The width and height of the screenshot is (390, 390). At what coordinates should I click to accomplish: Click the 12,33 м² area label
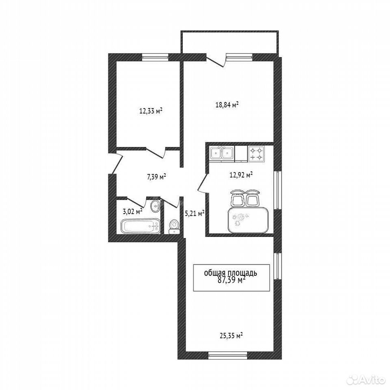point(151,110)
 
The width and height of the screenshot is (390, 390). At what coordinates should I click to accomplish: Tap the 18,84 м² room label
point(227,104)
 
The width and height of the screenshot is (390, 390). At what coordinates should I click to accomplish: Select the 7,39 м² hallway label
point(156,177)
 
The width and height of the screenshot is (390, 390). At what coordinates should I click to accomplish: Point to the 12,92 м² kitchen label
point(241,175)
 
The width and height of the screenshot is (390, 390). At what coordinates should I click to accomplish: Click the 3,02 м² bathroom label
point(132,211)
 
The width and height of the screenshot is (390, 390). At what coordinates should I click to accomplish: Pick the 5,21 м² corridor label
point(195,213)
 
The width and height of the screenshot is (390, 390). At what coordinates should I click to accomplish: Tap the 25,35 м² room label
point(231,336)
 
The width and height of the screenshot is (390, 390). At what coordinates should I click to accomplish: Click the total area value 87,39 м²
point(231,280)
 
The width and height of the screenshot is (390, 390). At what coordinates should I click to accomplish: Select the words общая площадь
point(231,273)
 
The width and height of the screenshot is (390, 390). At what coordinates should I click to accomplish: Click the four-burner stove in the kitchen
point(256,154)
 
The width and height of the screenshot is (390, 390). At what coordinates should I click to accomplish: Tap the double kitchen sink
point(222,154)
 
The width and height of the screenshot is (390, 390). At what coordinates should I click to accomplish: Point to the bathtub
point(141,226)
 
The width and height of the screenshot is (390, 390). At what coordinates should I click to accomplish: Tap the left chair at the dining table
point(237,198)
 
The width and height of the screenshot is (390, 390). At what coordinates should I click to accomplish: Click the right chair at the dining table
point(253,198)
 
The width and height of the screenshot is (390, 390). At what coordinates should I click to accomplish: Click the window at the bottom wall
point(228,355)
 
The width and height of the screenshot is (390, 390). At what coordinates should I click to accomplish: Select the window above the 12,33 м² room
point(156,57)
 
